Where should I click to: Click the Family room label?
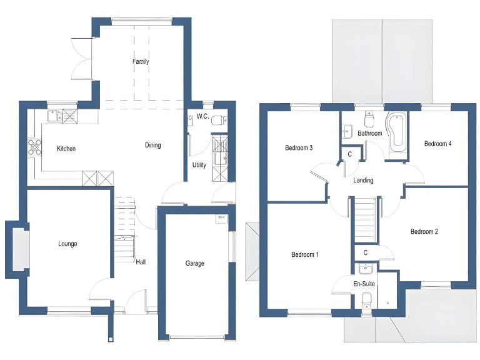point(141,62)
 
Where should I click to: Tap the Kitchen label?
point(66,149)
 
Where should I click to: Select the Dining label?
point(152,146)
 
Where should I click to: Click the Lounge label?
point(67,244)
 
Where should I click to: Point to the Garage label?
point(194,264)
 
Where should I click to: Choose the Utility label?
point(199,166)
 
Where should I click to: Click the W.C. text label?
point(202,117)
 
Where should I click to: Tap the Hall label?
point(141,262)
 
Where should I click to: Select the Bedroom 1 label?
point(304,255)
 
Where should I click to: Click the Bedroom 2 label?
point(424,232)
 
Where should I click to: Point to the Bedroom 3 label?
point(298,148)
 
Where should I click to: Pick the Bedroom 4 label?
point(437,144)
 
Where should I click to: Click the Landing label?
point(363,181)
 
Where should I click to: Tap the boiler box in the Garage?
point(221,218)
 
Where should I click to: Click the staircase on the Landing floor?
point(364,219)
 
